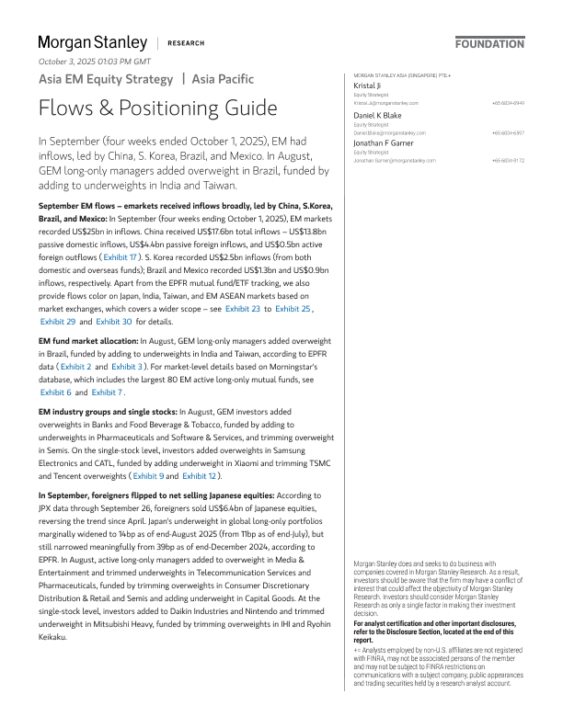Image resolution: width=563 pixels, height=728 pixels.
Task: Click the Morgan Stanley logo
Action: [x=92, y=42]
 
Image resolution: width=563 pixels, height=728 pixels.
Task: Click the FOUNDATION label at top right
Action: [x=489, y=43]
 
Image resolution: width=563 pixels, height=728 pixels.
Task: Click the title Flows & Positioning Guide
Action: [x=157, y=108]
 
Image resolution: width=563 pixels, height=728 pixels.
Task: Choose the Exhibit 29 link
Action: [x=58, y=296]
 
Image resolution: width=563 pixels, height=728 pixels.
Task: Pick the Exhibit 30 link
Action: [x=114, y=296]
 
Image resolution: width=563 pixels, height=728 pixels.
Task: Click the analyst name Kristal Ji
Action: [x=368, y=85]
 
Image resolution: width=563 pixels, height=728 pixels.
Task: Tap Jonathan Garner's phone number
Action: [x=508, y=161]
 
